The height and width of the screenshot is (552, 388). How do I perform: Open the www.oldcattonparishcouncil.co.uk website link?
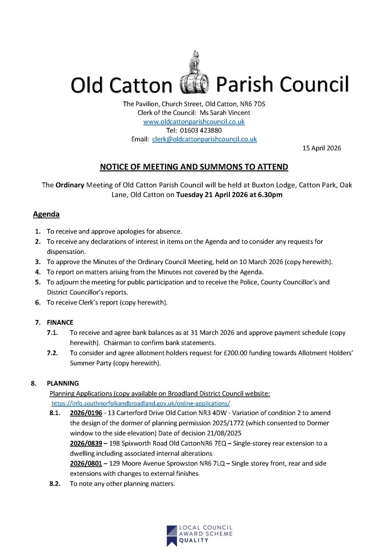194,121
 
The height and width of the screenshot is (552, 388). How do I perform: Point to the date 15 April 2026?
321,148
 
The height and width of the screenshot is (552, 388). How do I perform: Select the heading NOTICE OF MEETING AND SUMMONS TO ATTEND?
194,167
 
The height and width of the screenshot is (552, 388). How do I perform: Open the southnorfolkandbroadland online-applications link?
141,403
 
